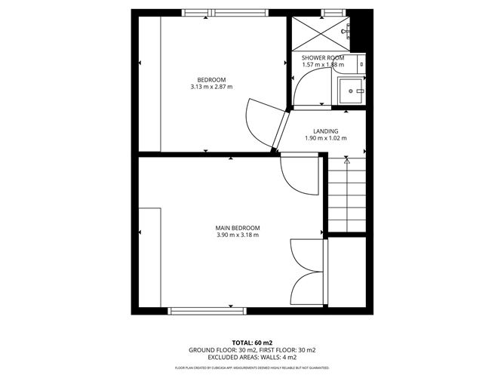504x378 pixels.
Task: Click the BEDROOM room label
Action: [211, 80]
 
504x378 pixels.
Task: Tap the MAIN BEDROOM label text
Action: [238, 228]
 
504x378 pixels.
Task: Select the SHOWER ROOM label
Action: [323, 58]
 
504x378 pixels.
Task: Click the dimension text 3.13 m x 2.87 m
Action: [211, 88]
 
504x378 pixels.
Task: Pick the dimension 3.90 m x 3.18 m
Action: [238, 235]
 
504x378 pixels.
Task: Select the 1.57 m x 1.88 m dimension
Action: [323, 66]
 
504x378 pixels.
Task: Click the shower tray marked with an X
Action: [318, 33]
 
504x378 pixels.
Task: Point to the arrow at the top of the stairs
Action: [346, 160]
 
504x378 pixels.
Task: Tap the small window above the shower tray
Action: [329, 13]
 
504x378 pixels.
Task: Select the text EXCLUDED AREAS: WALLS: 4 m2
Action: [252, 358]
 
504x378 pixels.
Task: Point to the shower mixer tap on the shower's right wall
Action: [348, 30]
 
